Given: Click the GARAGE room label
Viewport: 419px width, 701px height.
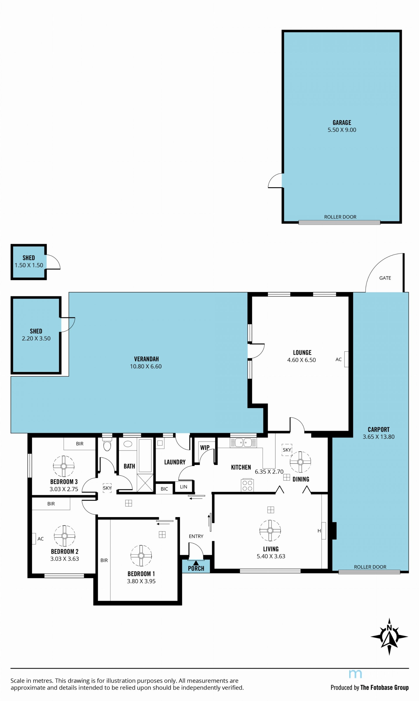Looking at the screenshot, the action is (342, 122).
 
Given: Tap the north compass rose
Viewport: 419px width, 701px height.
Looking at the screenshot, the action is (389, 637).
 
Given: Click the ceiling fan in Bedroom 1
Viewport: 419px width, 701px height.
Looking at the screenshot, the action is (141, 556).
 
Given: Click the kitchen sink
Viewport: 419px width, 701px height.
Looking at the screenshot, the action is (243, 442).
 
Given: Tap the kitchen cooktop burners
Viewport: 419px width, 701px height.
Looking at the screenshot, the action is (247, 486).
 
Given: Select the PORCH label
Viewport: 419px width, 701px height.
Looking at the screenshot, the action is (196, 568).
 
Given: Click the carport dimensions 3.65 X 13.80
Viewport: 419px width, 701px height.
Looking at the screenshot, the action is (378, 437).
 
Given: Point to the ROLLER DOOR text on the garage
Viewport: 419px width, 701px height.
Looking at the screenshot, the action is (340, 217).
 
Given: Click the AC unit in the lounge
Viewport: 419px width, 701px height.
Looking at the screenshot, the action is (346, 359).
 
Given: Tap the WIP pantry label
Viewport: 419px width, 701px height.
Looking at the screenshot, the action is (205, 447).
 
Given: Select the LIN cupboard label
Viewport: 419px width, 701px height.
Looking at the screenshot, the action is (184, 487).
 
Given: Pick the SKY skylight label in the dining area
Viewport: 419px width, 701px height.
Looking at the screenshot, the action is (287, 450).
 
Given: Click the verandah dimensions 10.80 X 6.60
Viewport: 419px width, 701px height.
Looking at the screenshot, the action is (146, 366).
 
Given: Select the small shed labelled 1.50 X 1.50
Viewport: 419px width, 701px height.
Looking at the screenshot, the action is (29, 262).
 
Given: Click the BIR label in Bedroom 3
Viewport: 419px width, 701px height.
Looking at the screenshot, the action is (80, 444).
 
